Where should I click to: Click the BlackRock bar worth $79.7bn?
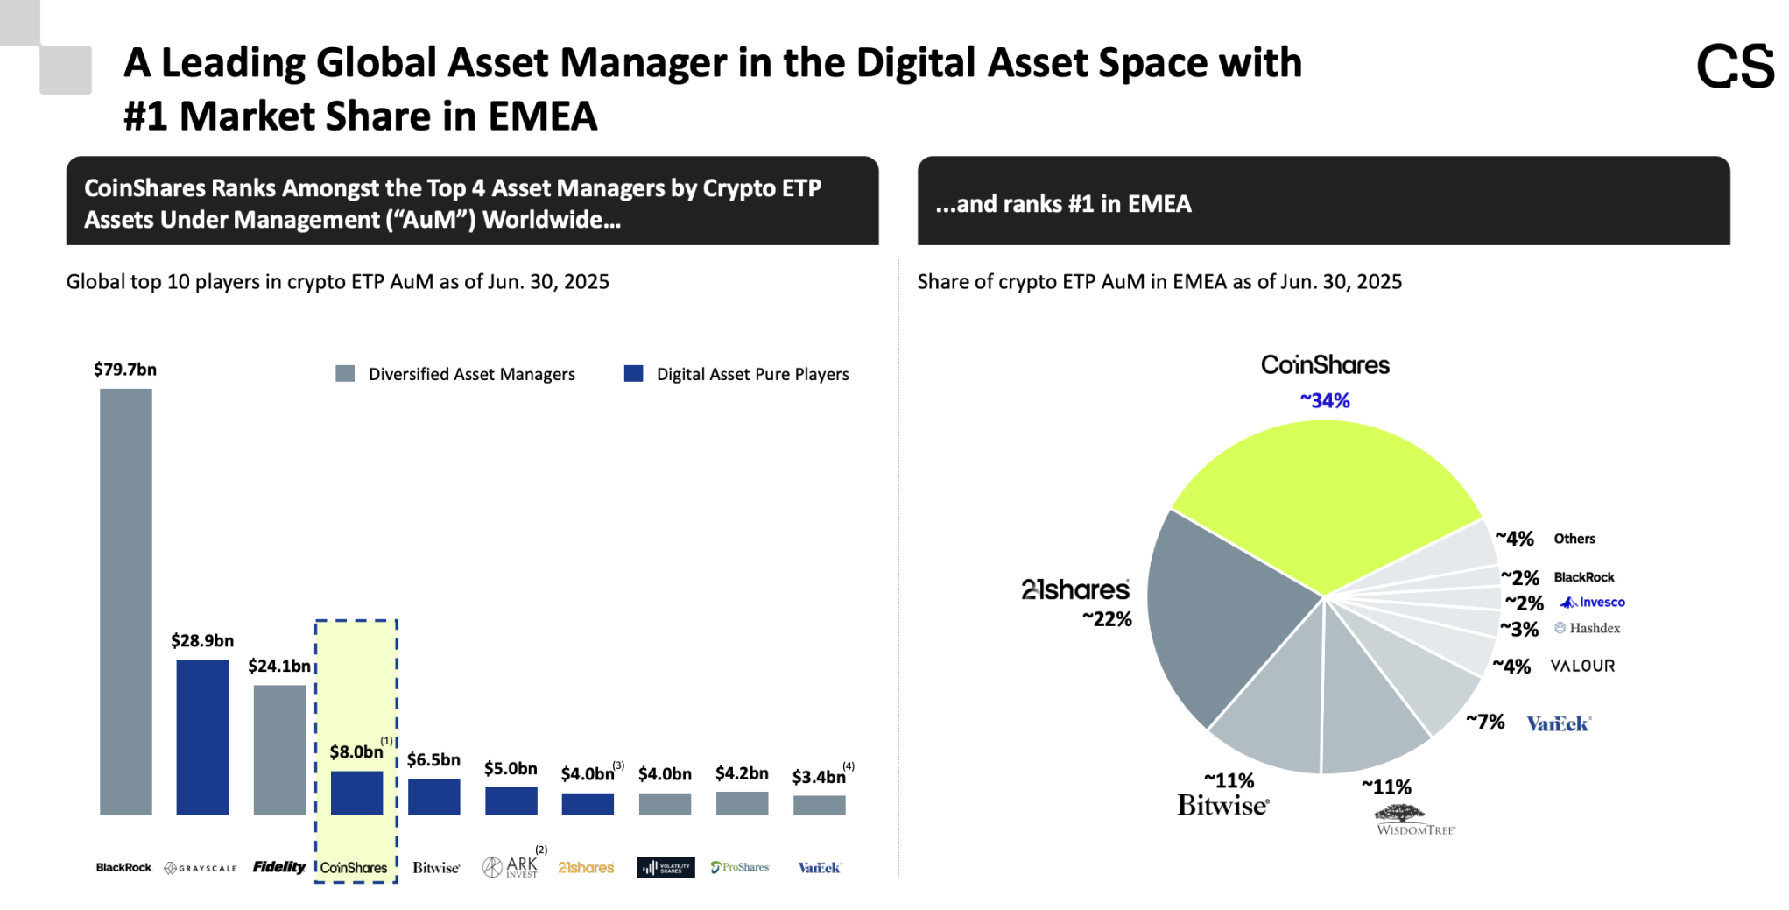[x=125, y=601]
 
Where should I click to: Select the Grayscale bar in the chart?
[x=202, y=737]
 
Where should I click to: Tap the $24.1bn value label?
[x=278, y=666]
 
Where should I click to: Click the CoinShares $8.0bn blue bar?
[x=356, y=793]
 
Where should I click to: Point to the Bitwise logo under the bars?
[x=436, y=867]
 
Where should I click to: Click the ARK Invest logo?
[x=511, y=867]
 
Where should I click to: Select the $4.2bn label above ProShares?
[x=742, y=773]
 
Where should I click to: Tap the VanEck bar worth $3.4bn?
[x=819, y=805]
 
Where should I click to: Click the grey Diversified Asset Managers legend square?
[x=345, y=374]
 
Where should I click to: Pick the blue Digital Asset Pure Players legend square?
[x=633, y=374]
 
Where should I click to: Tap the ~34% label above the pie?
[x=1324, y=401]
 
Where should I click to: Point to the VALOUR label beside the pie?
[x=1582, y=666]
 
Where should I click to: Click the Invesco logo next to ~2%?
[x=1593, y=603]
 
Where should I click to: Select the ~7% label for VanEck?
[x=1485, y=722]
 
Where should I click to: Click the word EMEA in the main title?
[x=542, y=116]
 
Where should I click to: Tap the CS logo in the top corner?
[x=1734, y=67]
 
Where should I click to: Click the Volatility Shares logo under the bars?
[x=666, y=867]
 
